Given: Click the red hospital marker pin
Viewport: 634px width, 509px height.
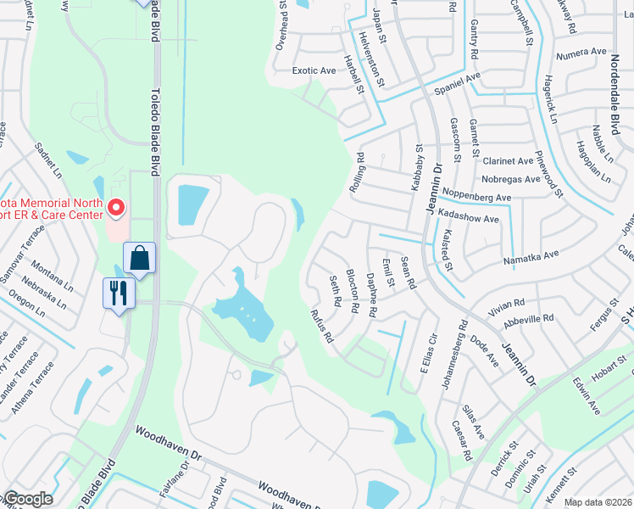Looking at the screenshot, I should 116,206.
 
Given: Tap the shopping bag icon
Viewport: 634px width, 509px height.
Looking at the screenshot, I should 138,257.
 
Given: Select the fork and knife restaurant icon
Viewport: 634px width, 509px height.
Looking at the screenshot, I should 117,294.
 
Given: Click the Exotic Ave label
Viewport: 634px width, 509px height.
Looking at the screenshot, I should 314,71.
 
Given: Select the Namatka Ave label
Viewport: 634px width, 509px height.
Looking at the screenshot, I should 531,255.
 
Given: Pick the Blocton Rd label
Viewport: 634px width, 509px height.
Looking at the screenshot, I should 352,290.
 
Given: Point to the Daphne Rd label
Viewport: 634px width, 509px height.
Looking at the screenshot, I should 370,294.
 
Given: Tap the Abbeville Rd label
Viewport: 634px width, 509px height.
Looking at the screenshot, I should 527,319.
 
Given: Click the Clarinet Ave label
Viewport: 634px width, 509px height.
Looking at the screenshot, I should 508,161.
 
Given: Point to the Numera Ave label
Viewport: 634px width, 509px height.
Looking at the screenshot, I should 581,53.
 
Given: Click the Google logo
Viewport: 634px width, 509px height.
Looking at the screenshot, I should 27,499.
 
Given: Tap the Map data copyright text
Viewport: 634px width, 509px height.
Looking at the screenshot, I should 598,502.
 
